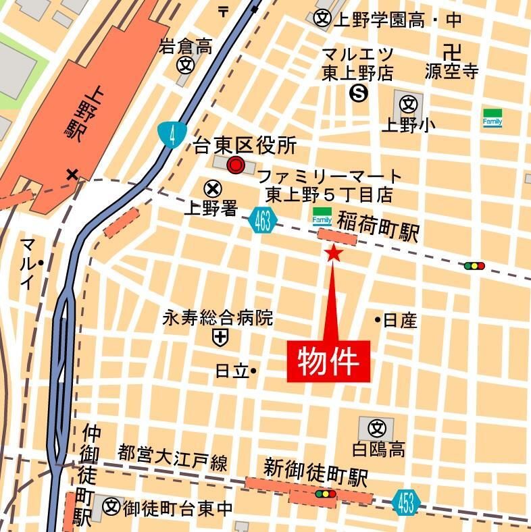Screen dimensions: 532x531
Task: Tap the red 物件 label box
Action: point(329,361)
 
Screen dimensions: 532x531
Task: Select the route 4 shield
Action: point(172,134)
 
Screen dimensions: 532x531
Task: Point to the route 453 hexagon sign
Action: point(406,503)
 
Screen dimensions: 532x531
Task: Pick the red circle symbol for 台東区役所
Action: point(236,164)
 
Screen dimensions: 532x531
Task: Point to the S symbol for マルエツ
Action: point(358,95)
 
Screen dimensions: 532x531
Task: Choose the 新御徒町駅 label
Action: point(315,473)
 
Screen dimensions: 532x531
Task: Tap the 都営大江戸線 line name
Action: point(173,460)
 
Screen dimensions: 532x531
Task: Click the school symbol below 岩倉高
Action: point(185,65)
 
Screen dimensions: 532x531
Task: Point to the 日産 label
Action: point(400,320)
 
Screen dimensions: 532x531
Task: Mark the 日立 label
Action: point(232,371)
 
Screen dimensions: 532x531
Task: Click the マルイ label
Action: point(28,263)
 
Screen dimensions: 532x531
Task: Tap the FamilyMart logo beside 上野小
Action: point(492,117)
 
